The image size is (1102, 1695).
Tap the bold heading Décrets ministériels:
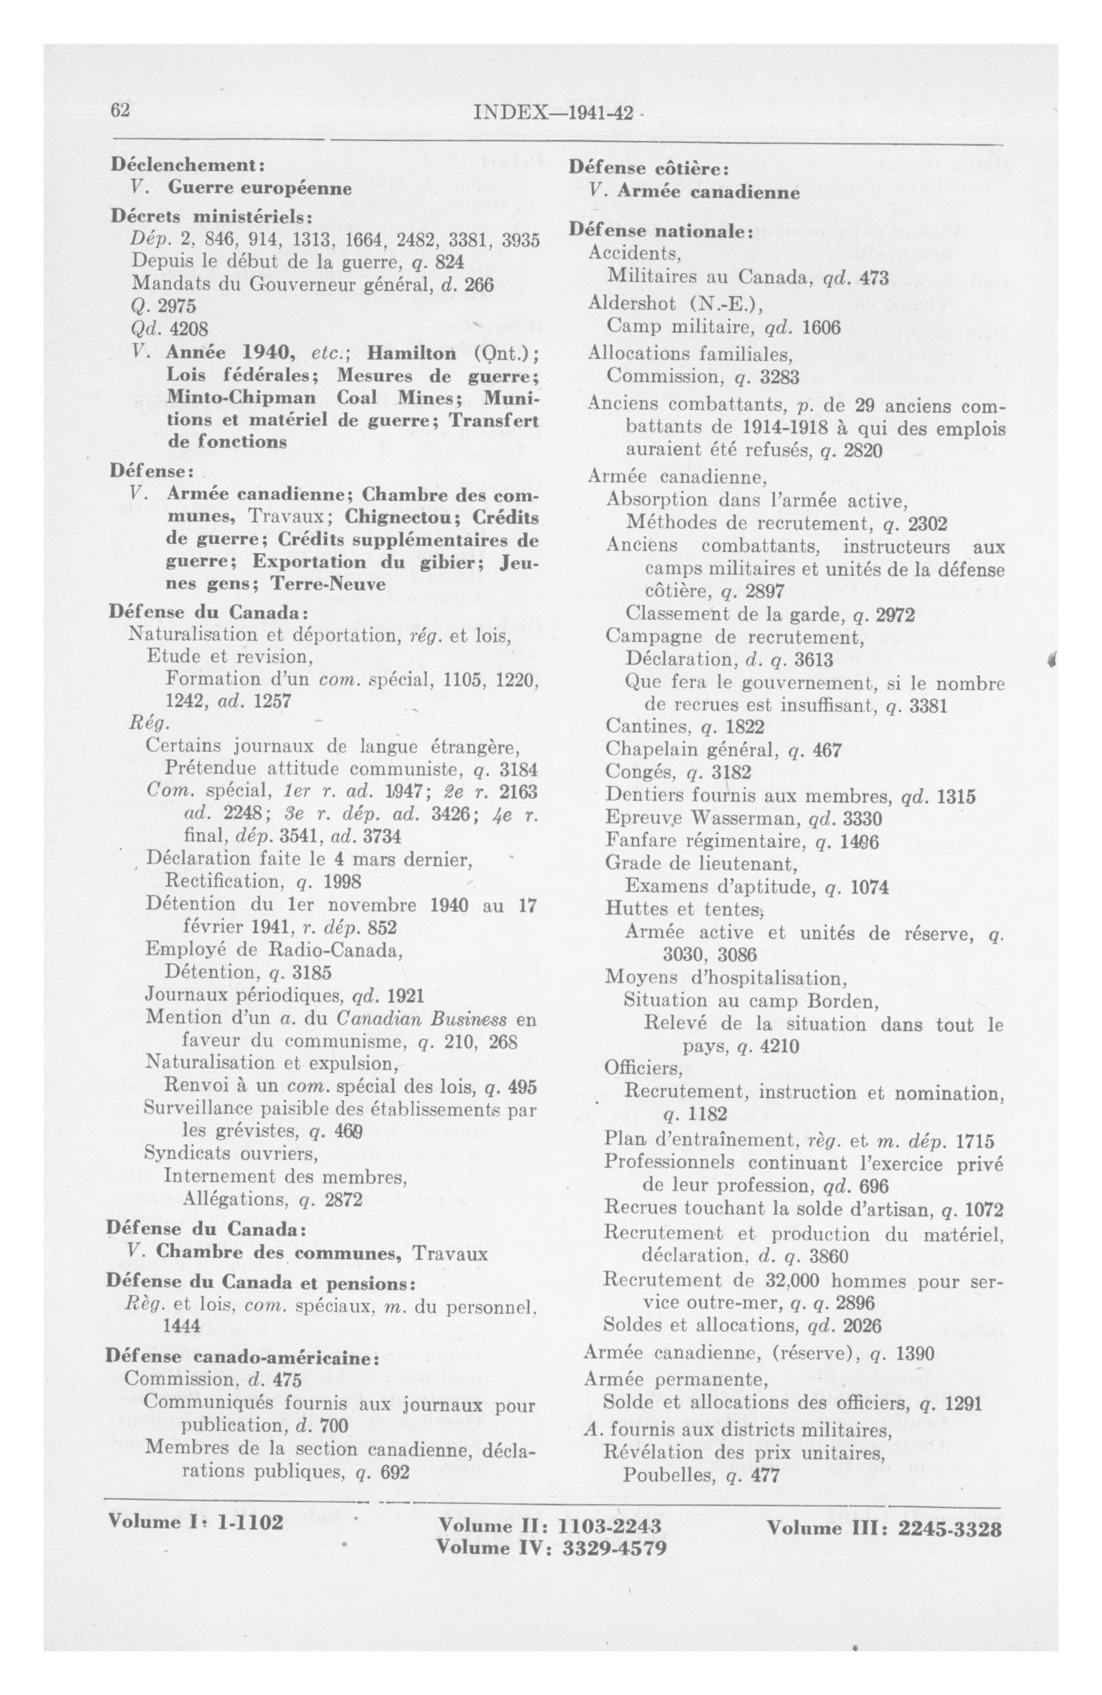pyautogui.click(x=211, y=216)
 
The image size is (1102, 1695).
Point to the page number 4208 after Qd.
pyautogui.click(x=189, y=329)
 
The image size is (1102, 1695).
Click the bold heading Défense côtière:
pyautogui.click(x=648, y=169)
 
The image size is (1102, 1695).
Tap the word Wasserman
pyautogui.click(x=747, y=819)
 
